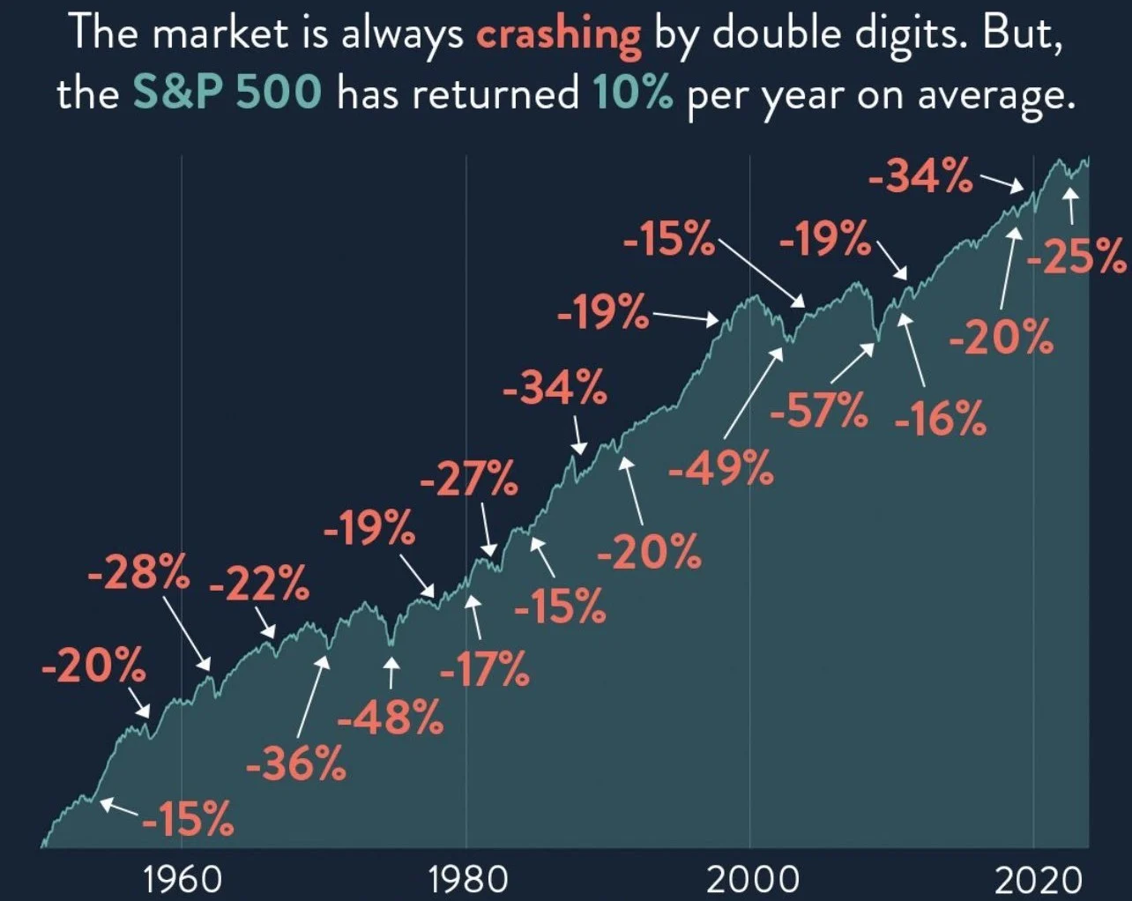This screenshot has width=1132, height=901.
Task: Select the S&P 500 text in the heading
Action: [x=227, y=93]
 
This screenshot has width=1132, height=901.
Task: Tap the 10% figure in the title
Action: [x=632, y=93]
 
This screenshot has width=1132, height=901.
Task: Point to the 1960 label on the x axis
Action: [x=183, y=879]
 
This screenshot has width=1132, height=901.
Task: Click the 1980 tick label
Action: [x=467, y=879]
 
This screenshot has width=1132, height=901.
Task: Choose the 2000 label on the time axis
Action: [x=752, y=879]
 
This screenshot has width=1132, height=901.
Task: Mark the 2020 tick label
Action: [x=1037, y=879]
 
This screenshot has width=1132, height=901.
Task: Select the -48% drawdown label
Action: [x=391, y=718]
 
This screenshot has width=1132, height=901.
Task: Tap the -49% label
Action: [x=720, y=468]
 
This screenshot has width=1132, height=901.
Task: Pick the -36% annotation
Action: [x=295, y=763]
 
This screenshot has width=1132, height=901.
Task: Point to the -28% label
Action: [x=138, y=574]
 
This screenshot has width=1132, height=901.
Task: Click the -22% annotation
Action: [x=259, y=583]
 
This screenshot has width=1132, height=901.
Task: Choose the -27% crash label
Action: [x=468, y=481]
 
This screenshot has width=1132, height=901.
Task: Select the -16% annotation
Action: [x=940, y=418]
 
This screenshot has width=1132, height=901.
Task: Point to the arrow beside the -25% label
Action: [x=1070, y=208]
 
